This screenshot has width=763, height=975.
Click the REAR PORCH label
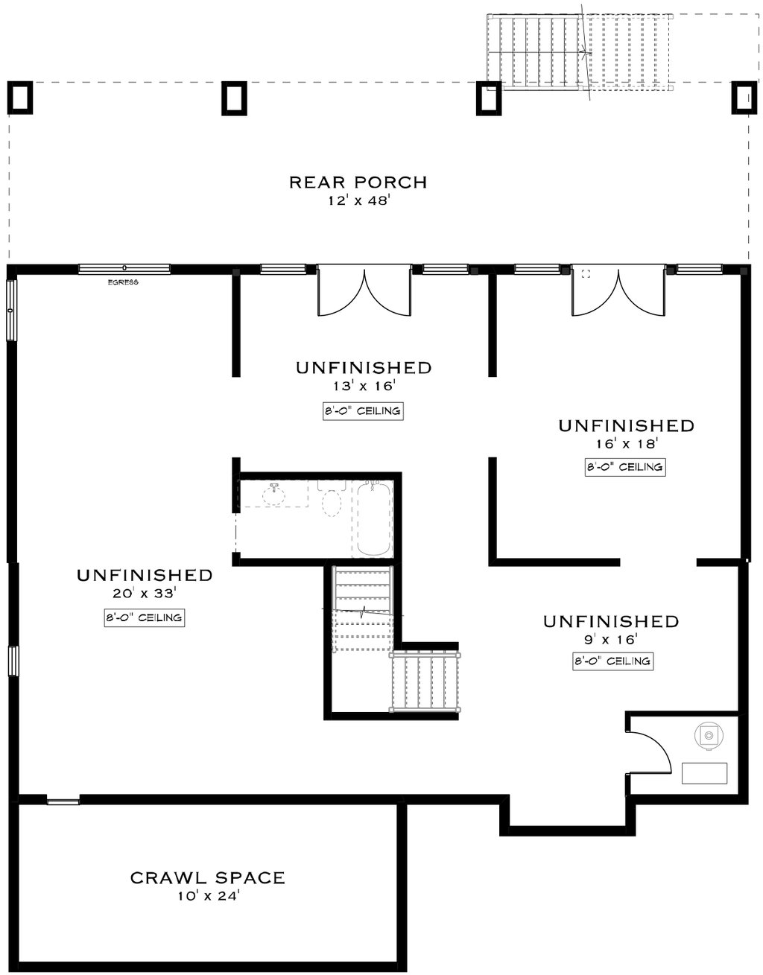(358, 182)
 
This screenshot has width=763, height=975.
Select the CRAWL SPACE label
(207, 878)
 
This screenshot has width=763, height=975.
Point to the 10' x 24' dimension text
(207, 896)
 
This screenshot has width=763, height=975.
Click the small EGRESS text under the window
(123, 282)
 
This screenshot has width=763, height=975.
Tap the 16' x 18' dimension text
(626, 444)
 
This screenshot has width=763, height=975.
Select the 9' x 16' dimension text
(610, 639)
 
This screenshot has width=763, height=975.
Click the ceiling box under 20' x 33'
(144, 617)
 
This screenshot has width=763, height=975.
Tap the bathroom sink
(274, 493)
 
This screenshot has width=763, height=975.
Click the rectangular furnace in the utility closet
(704, 773)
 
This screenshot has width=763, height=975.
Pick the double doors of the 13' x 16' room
(364, 290)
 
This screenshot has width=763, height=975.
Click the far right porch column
(743, 98)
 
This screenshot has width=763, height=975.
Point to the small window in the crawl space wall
(63, 801)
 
